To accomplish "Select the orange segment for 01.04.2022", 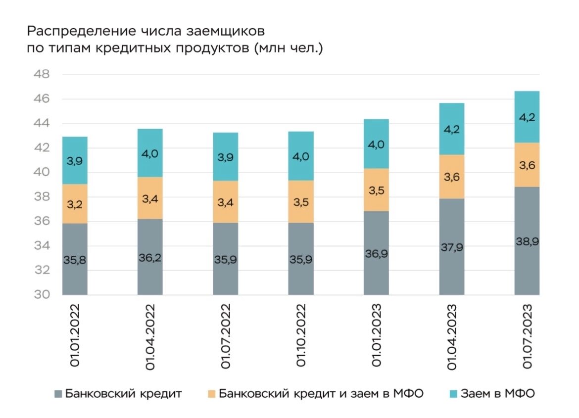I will (150, 198).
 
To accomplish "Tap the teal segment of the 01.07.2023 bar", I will (527, 117).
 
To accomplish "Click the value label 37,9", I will (451, 247).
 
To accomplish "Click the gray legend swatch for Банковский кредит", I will (58, 394).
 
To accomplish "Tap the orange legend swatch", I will (212, 394).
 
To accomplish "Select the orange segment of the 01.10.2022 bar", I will (301, 201).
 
